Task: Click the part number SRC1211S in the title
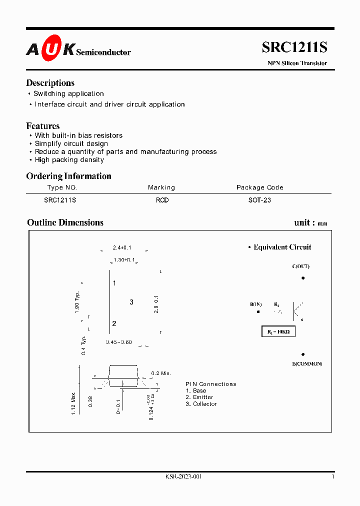coord(294,47)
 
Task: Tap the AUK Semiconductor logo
coord(78,49)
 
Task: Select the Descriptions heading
coord(50,83)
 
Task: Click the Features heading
coord(43,126)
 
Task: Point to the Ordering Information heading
coord(68,176)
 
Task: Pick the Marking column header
coord(161,187)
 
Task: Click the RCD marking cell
coord(162,200)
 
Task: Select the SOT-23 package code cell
coord(259,200)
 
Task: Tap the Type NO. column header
coord(62,187)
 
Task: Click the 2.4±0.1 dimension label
coord(122,247)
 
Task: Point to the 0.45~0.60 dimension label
coord(119,342)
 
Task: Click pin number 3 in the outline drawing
coord(131,302)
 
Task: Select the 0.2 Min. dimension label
coord(161,373)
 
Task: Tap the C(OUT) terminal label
coord(300,266)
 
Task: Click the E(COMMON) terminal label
coord(307,363)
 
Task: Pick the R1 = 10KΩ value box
coord(278,331)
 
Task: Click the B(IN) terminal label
coord(256,304)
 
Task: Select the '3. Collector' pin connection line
coord(201,404)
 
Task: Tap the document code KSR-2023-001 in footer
coord(183,477)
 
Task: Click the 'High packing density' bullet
coord(69,160)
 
